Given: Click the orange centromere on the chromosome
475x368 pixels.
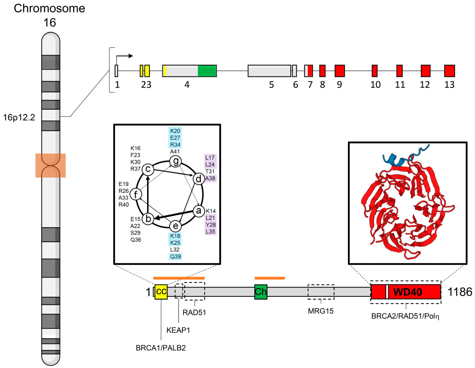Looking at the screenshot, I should point(50,165).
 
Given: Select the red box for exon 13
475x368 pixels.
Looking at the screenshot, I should point(450,70).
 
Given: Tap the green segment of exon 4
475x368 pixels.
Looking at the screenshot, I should point(207,70).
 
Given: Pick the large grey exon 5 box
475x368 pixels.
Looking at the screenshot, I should point(269,70).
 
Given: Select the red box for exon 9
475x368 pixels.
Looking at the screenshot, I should point(339,70).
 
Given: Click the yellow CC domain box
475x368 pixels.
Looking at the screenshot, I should point(161,292).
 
